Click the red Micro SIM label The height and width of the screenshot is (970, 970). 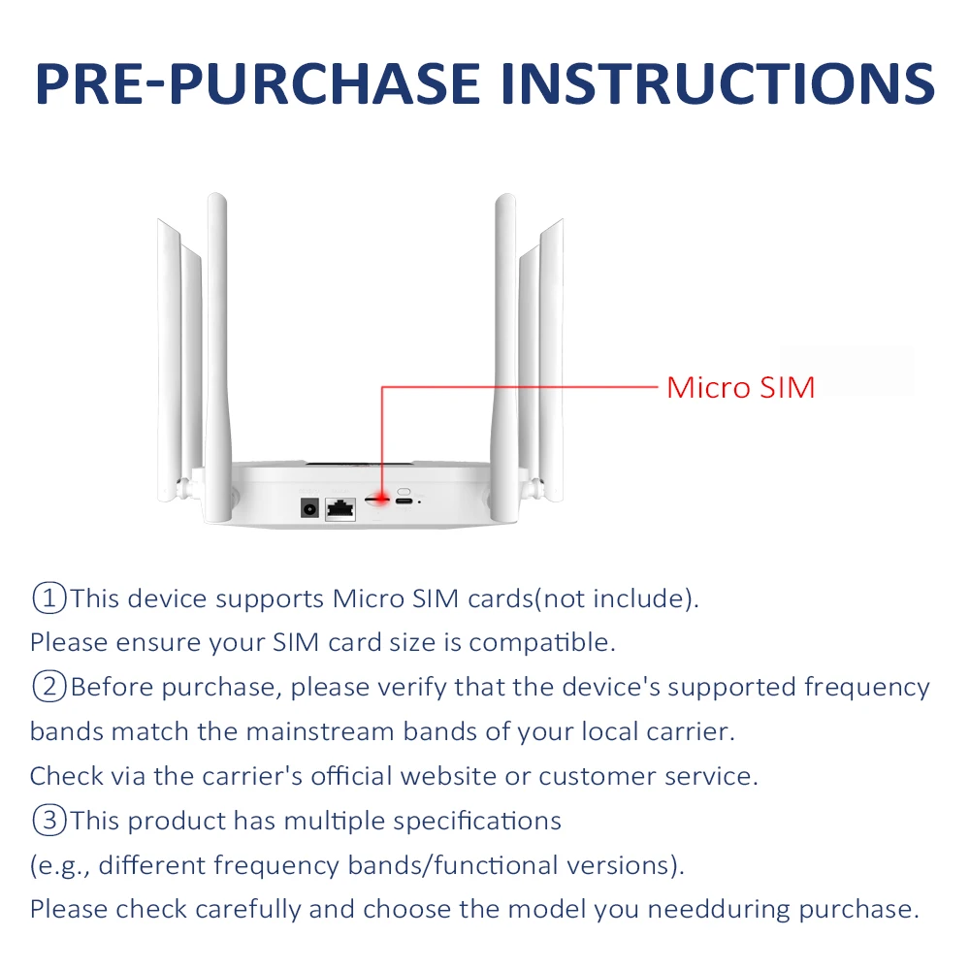pyautogui.click(x=740, y=388)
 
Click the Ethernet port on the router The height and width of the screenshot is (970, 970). pyautogui.click(x=340, y=507)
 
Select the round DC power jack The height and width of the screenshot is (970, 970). pyautogui.click(x=311, y=507)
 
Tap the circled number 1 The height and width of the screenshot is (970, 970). pyautogui.click(x=48, y=598)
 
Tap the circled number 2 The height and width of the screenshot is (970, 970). pyautogui.click(x=48, y=688)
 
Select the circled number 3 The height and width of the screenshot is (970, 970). pyautogui.click(x=48, y=821)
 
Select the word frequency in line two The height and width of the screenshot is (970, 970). pyautogui.click(x=866, y=688)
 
